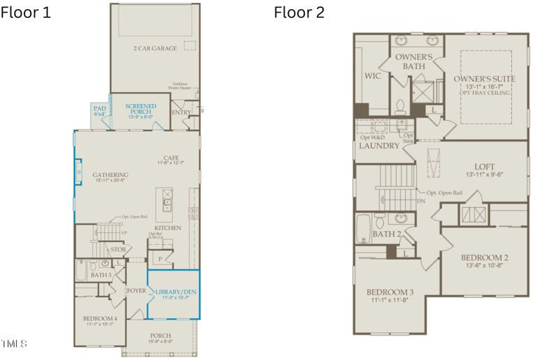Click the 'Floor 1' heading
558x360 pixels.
click(26, 13)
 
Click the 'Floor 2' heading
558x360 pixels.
click(299, 13)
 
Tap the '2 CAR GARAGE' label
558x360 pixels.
click(155, 48)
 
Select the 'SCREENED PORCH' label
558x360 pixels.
click(141, 109)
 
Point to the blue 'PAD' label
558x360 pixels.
click(99, 108)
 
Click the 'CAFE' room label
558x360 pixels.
click(167, 158)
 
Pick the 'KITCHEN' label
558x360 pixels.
click(168, 228)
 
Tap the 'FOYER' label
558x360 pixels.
click(136, 290)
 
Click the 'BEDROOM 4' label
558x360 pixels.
click(100, 318)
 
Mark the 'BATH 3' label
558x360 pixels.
click(100, 275)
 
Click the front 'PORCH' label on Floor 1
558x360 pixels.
click(160, 336)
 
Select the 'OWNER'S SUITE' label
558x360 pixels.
click(485, 79)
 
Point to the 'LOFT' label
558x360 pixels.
click(484, 167)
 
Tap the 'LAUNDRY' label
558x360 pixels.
click(379, 146)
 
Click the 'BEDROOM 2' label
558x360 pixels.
click(485, 257)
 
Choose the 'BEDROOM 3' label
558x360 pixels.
click(391, 292)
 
